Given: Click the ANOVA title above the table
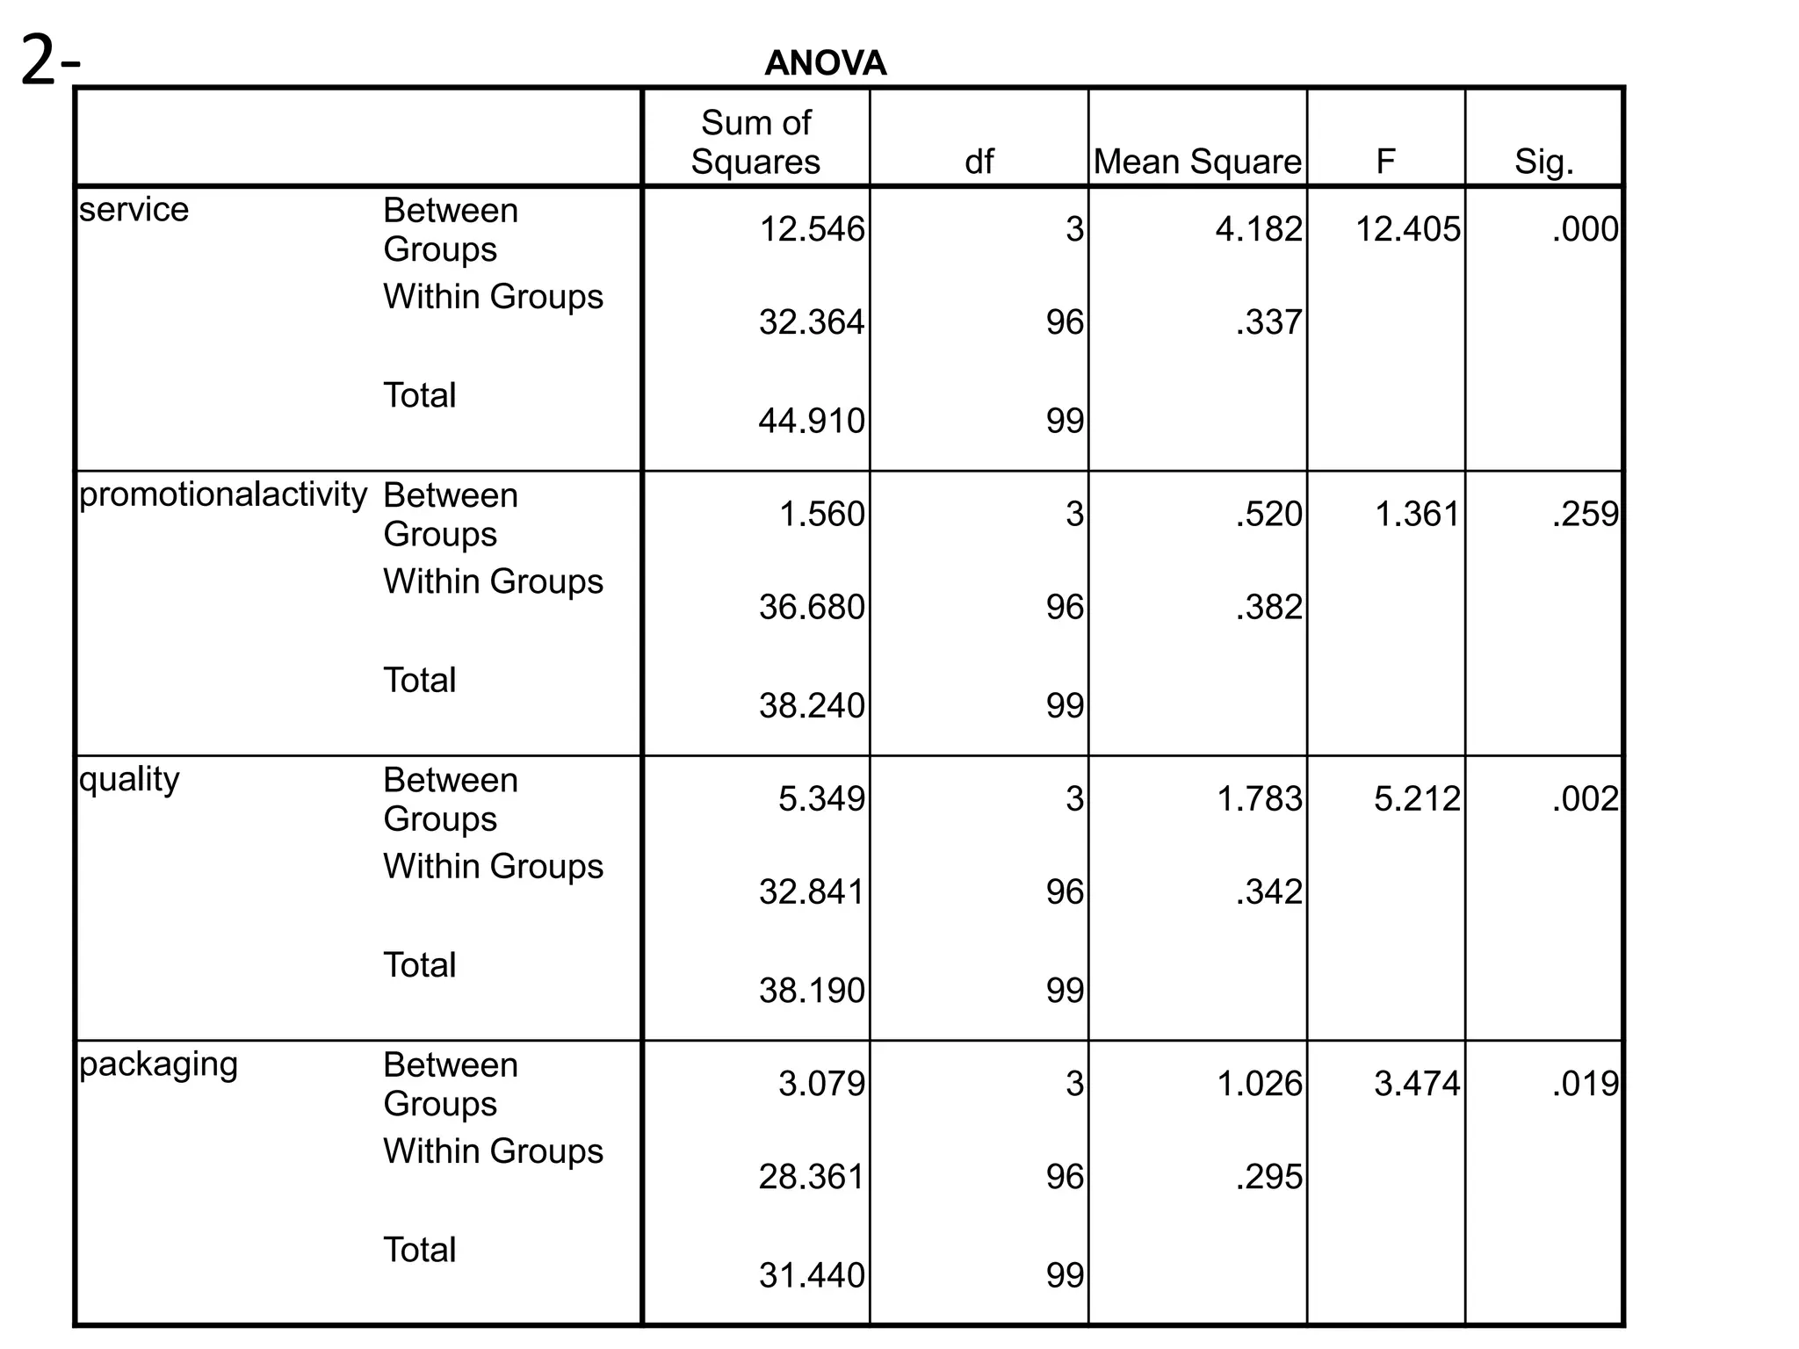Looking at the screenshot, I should click(x=825, y=63).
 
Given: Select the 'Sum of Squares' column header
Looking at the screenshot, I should click(x=755, y=142).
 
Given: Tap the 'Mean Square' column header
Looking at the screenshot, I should click(x=1197, y=162).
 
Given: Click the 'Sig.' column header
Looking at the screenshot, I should click(x=1543, y=162).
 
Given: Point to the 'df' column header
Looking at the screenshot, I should click(x=979, y=162).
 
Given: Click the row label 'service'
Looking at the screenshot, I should click(x=134, y=210).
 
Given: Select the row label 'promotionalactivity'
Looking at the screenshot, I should click(x=222, y=494).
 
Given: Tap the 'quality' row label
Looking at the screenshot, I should click(x=129, y=779).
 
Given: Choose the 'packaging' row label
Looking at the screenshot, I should click(x=158, y=1064).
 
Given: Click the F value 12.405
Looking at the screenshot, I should click(x=1407, y=229).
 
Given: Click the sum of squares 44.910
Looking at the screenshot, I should click(x=811, y=421).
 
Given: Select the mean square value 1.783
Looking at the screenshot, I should click(x=1259, y=798).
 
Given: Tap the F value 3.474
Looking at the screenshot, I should click(x=1416, y=1084).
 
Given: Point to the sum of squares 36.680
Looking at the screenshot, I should click(x=811, y=607).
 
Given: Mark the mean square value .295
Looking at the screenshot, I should click(x=1268, y=1177).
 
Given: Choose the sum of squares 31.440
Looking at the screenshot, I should click(x=811, y=1275).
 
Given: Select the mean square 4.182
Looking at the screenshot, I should click(x=1259, y=229).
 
